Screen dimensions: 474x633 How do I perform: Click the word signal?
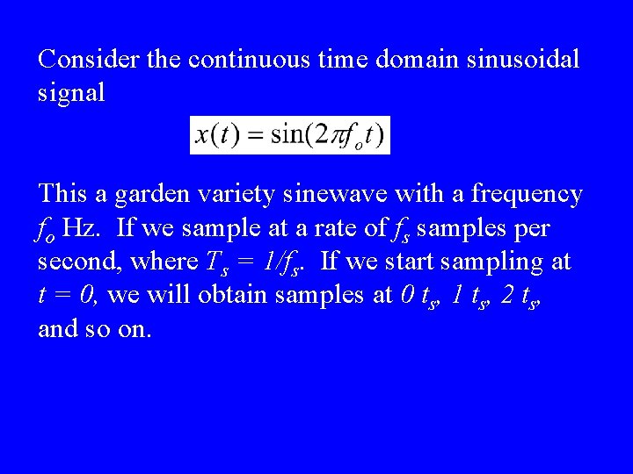click(71, 92)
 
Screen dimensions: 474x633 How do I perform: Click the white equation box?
click(290, 135)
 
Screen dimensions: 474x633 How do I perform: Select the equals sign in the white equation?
click(251, 136)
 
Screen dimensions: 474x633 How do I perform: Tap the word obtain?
click(233, 295)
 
